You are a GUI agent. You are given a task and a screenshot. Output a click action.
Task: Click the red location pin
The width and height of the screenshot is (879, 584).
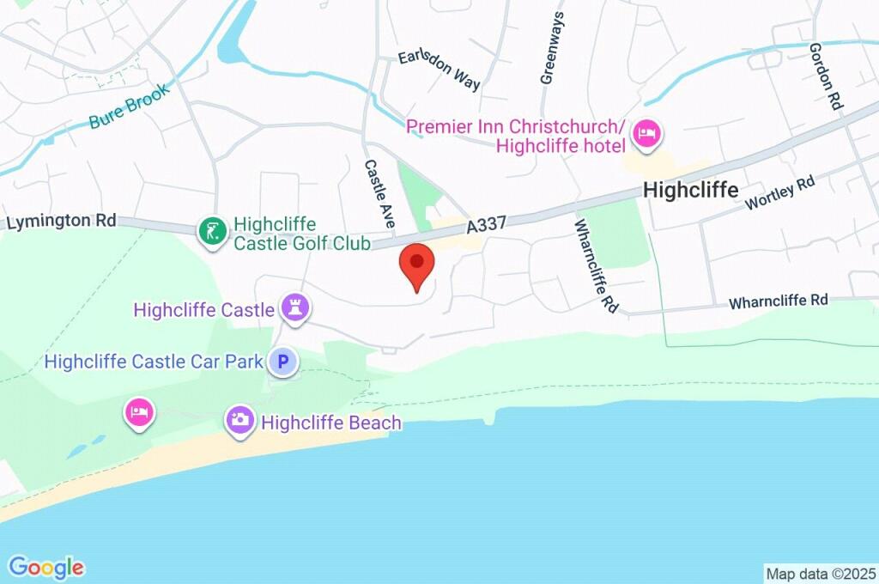click(x=417, y=264)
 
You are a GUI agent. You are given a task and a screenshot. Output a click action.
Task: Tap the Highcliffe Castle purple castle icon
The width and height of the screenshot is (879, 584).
click(x=296, y=308)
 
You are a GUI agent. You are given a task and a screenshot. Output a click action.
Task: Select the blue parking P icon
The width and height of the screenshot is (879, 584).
click(x=282, y=362)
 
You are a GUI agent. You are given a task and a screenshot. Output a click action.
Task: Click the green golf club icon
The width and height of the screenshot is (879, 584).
click(x=212, y=231)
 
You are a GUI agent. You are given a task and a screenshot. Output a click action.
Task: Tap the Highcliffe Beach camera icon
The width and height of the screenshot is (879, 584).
click(x=239, y=421)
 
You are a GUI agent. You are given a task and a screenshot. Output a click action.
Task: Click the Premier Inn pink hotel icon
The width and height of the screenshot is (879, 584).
click(x=646, y=133)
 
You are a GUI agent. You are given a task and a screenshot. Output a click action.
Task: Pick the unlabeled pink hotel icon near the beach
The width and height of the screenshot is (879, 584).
click(x=139, y=412)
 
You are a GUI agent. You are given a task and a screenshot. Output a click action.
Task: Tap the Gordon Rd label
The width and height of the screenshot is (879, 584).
click(x=826, y=76)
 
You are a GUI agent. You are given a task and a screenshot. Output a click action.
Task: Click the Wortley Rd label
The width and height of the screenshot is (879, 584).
click(x=779, y=193)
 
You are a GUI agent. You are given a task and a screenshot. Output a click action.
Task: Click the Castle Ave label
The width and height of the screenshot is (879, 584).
click(x=379, y=193)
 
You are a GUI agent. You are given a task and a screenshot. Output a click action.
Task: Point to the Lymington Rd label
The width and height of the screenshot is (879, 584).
click(x=61, y=221)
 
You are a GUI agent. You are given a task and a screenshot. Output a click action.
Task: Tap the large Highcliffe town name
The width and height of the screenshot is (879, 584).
click(x=690, y=190)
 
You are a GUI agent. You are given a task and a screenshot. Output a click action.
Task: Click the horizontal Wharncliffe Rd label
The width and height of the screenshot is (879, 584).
click(x=778, y=301)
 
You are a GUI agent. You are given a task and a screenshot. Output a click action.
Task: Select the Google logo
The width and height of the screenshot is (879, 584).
click(x=46, y=567)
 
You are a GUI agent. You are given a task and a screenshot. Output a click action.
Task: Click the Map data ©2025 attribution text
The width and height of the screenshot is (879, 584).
click(x=820, y=573)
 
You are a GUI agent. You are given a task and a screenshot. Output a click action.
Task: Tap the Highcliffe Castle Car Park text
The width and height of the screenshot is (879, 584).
click(x=154, y=362)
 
